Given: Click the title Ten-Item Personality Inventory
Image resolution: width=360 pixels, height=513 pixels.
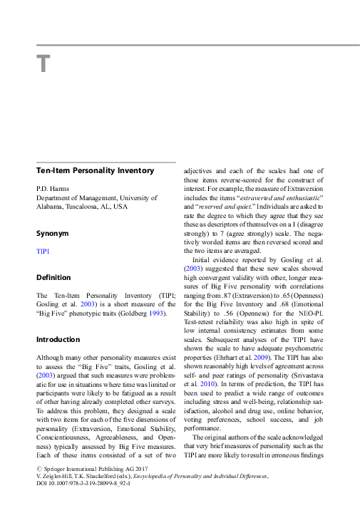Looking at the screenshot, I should point(95,171).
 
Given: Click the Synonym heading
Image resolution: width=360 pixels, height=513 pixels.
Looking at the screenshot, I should point(53,233).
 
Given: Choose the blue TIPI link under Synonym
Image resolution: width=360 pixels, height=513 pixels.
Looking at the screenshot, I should point(43,252).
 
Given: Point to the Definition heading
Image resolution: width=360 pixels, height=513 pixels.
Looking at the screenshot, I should point(53,277).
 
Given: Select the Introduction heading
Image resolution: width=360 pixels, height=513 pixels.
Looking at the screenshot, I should point(58,339).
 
